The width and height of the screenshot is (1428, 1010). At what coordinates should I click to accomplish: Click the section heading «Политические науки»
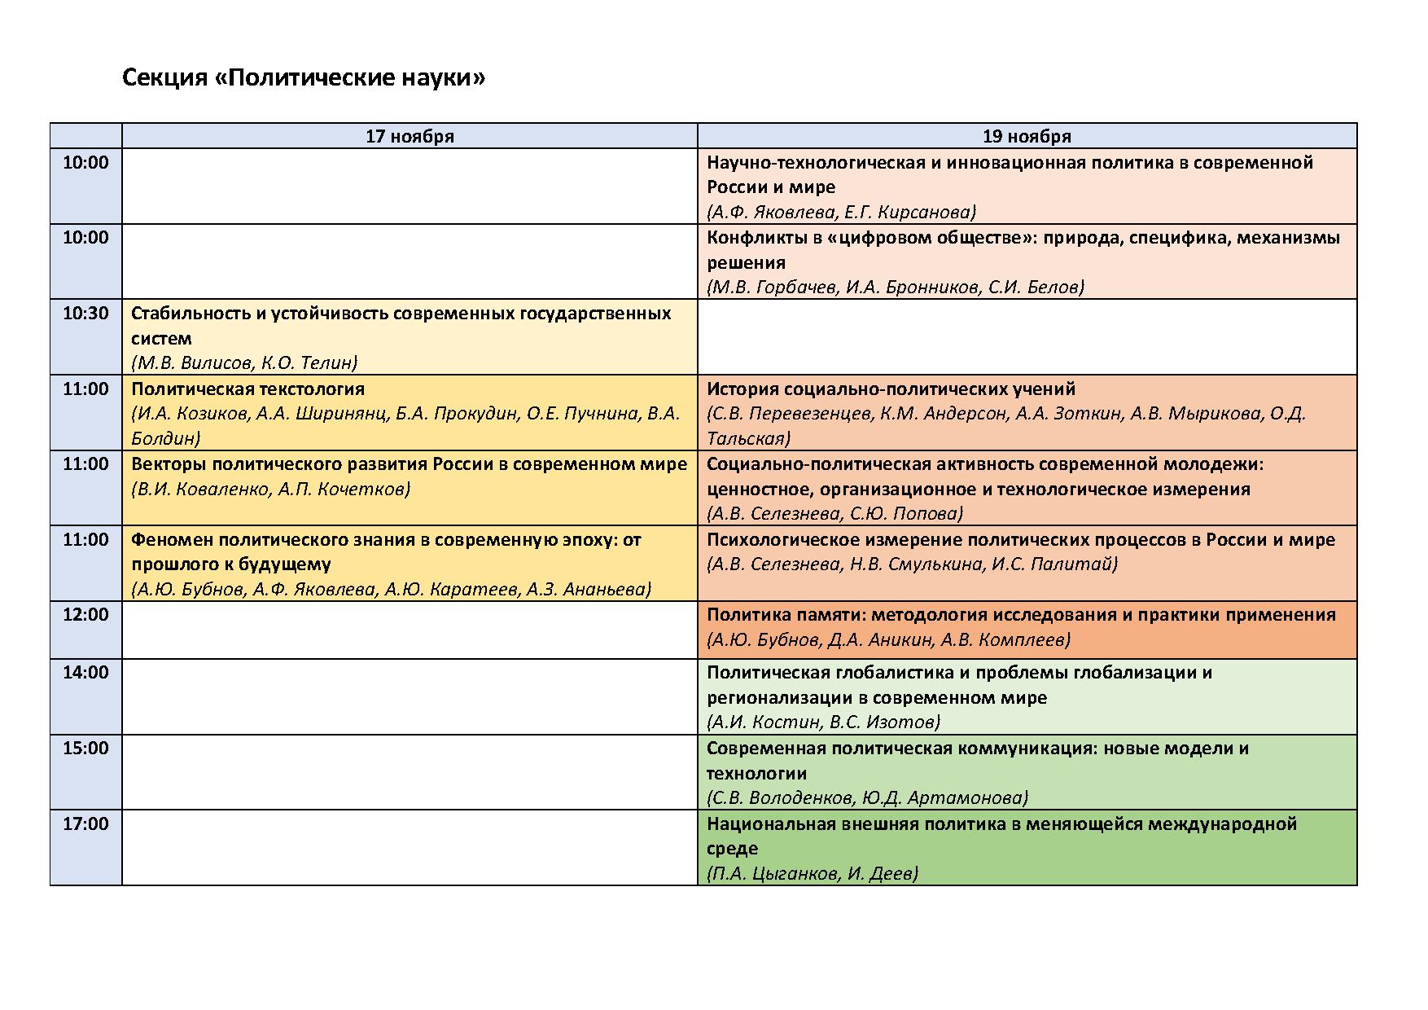tap(303, 78)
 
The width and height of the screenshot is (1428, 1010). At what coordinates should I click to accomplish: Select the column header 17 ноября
tap(410, 136)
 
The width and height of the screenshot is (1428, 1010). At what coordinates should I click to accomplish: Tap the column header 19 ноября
tap(1027, 136)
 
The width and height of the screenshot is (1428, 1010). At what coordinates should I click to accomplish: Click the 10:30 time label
tap(85, 314)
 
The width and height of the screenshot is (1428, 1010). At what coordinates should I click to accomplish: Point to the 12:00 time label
tap(85, 615)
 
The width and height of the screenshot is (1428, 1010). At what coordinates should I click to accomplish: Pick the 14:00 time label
tap(85, 673)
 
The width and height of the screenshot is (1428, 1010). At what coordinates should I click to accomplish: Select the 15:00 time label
tap(85, 749)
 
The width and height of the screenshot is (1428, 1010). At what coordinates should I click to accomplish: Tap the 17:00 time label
tap(85, 824)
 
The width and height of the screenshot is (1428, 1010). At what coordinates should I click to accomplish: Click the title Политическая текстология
tap(247, 389)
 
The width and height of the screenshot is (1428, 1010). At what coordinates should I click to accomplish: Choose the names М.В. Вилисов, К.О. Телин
tap(244, 362)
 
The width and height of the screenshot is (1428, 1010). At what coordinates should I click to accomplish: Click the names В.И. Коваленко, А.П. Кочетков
tap(270, 490)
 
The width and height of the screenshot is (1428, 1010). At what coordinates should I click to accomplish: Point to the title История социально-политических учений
tap(891, 389)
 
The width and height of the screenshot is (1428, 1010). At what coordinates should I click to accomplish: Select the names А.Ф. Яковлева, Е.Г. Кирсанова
tap(841, 212)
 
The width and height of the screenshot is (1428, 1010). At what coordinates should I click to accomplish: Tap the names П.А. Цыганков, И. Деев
tap(813, 874)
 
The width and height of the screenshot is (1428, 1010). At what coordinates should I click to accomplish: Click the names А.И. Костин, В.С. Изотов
tap(823, 722)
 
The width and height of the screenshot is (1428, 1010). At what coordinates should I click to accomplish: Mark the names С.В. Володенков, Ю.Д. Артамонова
tap(867, 798)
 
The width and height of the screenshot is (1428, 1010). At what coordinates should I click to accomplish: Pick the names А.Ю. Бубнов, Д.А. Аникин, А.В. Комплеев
tap(888, 640)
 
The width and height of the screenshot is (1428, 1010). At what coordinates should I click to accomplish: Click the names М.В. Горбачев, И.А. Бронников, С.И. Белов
tap(896, 288)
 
